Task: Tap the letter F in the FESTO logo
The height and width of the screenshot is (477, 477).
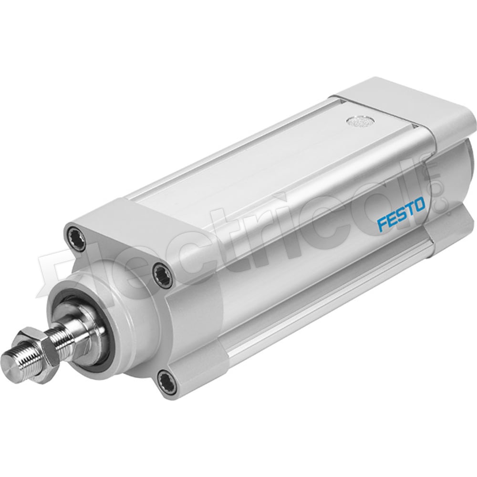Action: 383,224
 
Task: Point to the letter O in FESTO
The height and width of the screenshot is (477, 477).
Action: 419,206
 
